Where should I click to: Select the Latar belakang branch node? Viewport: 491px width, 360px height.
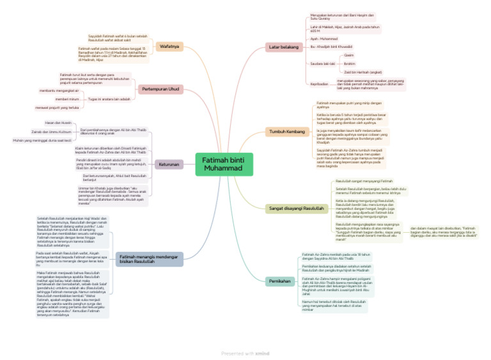(284, 47)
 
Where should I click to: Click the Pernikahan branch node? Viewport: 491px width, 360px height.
(279, 281)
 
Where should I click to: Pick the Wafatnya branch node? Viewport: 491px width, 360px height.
(169, 46)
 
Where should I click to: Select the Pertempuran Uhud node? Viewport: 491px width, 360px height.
(160, 89)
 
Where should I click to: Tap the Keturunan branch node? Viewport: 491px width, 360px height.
(169, 164)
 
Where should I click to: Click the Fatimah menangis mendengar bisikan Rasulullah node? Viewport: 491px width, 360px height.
(150, 259)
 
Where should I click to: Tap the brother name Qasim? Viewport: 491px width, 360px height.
(348, 56)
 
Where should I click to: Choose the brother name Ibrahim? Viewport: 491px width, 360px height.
(350, 64)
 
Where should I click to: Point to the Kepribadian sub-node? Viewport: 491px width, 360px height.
(319, 84)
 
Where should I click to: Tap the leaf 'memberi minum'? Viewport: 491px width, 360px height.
(67, 99)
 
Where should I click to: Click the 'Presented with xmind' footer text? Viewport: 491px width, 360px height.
(245, 352)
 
